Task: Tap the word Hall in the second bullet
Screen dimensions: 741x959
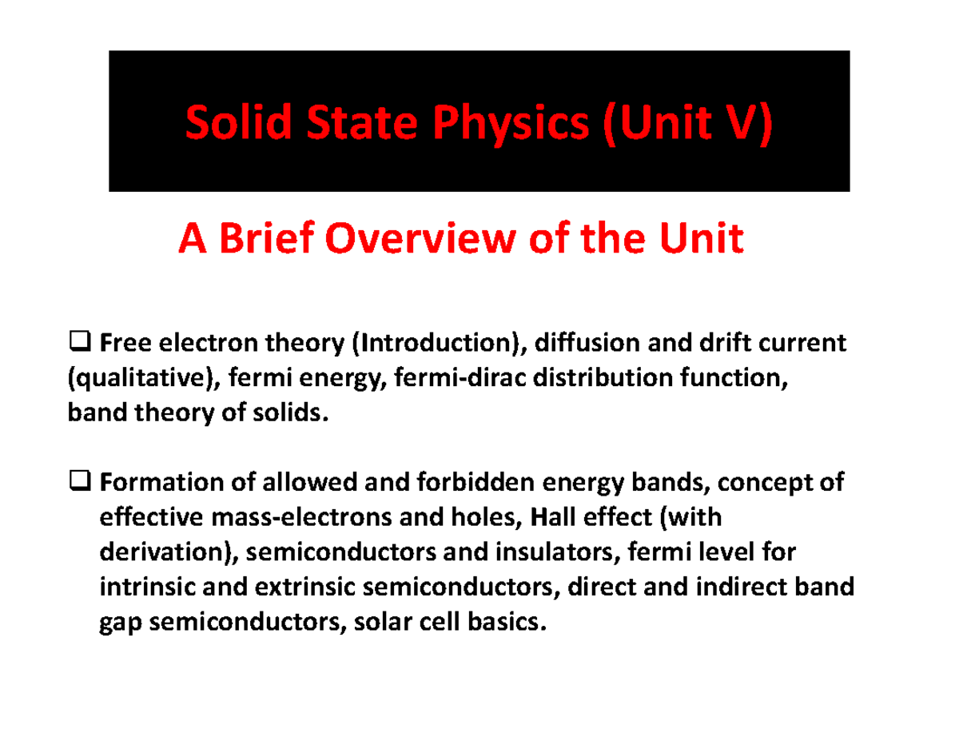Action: click(551, 518)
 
